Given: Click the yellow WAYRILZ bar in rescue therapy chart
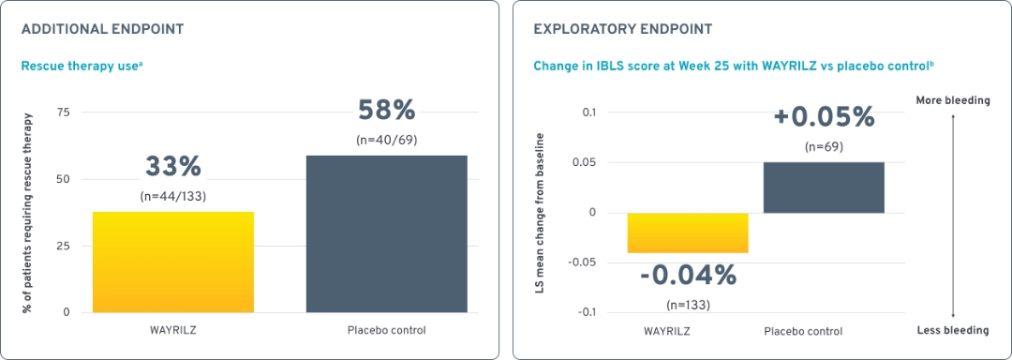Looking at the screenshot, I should (173, 262).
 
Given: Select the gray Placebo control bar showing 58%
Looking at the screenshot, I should (387, 233).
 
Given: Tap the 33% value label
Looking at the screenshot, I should (173, 167).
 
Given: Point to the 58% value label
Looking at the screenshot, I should (386, 111).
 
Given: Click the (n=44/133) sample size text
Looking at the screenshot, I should (173, 196).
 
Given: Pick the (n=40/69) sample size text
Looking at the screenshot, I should (386, 140).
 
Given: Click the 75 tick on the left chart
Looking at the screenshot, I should (64, 112).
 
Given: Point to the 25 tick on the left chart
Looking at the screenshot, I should (64, 246).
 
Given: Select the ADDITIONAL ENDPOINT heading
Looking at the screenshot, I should (102, 29).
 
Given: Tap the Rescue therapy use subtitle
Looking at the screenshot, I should (82, 66).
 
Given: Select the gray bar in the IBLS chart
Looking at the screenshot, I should (824, 187).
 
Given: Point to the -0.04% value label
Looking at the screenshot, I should (688, 276).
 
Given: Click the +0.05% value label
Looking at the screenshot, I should (824, 117).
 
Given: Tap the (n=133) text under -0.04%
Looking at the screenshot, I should (688, 305).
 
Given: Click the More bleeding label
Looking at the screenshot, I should (953, 100).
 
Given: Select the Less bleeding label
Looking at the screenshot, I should (954, 330).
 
